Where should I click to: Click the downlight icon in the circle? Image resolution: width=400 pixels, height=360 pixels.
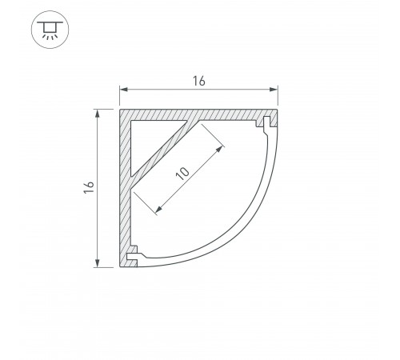tap(50, 30)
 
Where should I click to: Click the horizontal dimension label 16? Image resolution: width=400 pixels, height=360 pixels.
tap(199, 82)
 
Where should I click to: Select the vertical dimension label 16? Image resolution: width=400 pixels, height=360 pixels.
tap(89, 187)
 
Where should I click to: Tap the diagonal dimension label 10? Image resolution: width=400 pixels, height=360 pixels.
tap(182, 174)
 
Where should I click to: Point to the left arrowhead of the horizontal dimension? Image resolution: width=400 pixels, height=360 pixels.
tap(123, 90)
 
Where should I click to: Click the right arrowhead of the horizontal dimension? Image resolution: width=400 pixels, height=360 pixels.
tap(274, 90)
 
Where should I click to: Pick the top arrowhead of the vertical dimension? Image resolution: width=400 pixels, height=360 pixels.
tap(98, 114)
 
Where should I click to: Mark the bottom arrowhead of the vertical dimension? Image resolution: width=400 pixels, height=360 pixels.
tap(98, 263)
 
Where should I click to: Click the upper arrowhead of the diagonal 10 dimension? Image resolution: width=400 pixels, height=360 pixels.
tap(220, 150)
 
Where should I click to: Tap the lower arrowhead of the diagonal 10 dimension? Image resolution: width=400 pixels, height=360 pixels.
tap(158, 210)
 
